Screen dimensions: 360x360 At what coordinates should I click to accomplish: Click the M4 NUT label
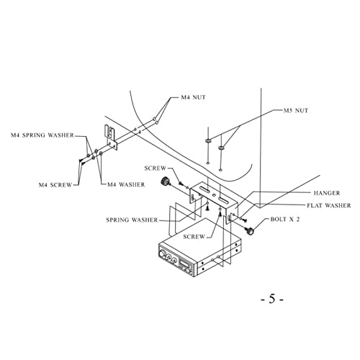coord(193,97)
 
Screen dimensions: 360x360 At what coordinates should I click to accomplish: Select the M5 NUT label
coord(296,111)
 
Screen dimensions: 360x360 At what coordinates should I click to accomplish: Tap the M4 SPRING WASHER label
coord(42,135)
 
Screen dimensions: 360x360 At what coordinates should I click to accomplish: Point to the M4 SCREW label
coord(55,185)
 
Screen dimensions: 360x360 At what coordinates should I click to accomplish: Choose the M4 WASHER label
coord(126,184)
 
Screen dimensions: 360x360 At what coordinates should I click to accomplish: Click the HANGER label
coord(327,193)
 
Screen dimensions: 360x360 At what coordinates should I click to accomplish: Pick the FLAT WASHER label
coord(329,205)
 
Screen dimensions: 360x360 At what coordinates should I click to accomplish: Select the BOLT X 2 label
coord(285,220)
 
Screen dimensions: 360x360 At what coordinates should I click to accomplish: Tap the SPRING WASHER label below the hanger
coord(132,220)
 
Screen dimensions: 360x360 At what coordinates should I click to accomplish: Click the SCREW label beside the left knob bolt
coord(156,168)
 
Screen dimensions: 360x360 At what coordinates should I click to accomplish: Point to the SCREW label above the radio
coord(194,237)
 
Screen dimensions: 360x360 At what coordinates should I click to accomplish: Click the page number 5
coord(272,299)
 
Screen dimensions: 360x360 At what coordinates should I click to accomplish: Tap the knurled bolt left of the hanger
coord(165,181)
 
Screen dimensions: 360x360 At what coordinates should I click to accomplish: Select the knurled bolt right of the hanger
coord(250,231)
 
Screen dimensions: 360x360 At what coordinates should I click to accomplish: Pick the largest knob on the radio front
coord(163,253)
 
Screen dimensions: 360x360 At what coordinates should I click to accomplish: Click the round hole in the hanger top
coord(212,195)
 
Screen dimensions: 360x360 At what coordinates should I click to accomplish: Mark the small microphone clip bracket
coord(111,138)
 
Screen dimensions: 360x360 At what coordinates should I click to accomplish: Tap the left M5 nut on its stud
coord(208,140)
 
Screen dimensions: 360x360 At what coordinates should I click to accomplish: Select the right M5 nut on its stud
coord(221,148)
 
